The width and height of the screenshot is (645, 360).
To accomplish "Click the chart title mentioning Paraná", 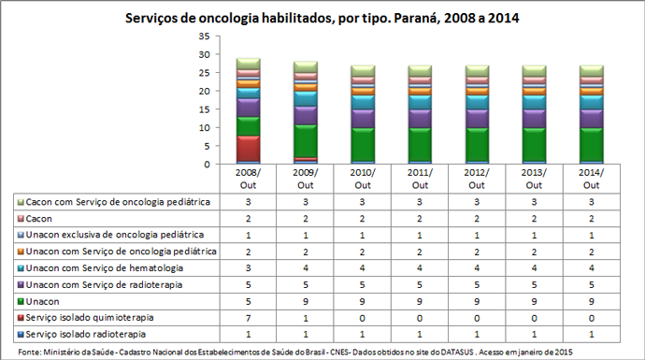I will [322, 17].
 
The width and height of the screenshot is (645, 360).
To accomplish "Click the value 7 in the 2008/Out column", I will [248, 317].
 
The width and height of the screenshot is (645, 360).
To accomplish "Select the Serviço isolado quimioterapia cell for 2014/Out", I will [591, 317].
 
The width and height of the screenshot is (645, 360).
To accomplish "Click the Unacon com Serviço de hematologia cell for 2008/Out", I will [248, 267].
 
